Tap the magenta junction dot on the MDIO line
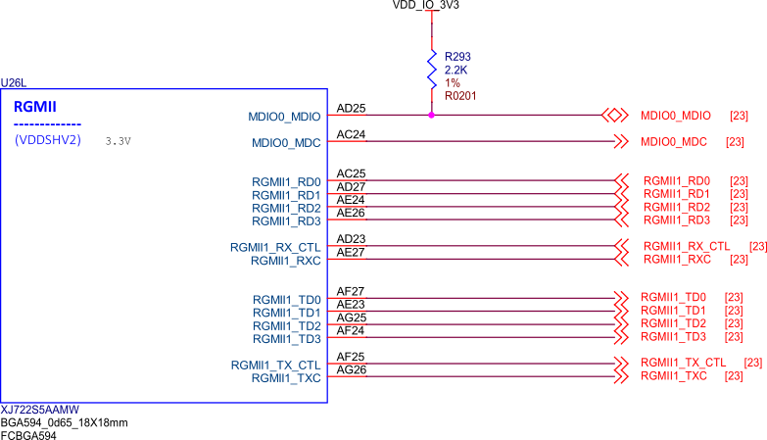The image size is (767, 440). [x=431, y=115]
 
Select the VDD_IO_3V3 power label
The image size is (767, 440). [x=425, y=5]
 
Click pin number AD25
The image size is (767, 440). [x=351, y=108]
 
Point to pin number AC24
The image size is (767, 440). [x=351, y=134]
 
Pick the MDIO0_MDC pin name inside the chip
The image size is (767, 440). [x=286, y=143]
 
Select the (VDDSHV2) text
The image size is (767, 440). [x=48, y=140]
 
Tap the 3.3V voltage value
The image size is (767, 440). [x=118, y=141]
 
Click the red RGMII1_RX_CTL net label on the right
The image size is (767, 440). [x=687, y=246]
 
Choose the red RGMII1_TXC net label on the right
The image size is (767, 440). [x=674, y=375]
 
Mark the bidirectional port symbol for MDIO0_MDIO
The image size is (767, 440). [x=615, y=115]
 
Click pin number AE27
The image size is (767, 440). [x=351, y=253]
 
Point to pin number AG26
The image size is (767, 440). [x=351, y=318]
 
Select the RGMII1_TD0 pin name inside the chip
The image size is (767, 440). [x=286, y=300]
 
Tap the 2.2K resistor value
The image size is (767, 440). [x=456, y=71]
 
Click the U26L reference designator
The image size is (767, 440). [x=15, y=83]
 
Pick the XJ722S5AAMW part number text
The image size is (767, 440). [x=39, y=410]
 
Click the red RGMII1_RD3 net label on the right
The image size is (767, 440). [x=676, y=220]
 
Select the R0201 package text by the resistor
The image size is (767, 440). [x=460, y=96]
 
